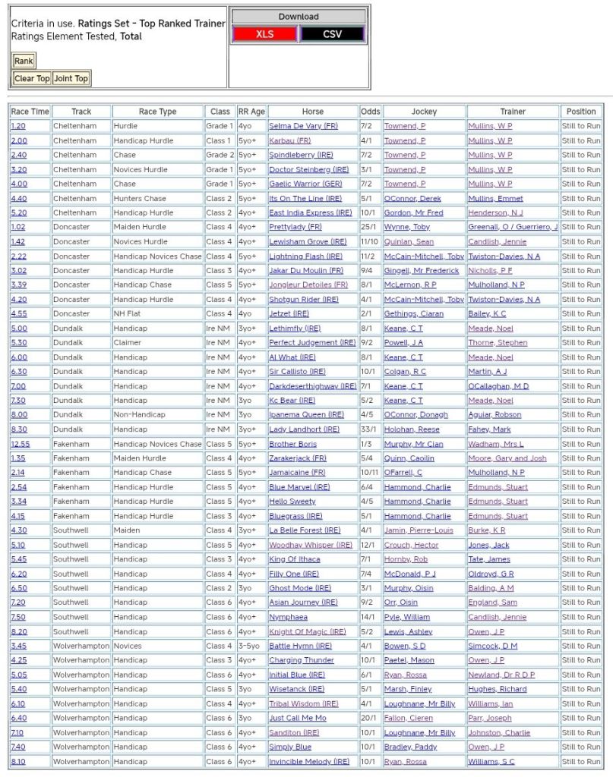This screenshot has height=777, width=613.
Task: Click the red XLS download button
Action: [264, 34]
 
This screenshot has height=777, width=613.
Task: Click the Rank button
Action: [24, 61]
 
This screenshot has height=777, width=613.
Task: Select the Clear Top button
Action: [32, 78]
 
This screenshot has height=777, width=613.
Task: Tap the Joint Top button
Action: [71, 78]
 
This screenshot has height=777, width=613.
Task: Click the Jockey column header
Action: [424, 112]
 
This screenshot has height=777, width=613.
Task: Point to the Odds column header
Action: [371, 112]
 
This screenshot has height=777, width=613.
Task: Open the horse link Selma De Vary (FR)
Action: [303, 126]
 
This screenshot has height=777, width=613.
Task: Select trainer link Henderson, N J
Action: [495, 212]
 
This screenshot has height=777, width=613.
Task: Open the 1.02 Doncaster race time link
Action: [18, 227]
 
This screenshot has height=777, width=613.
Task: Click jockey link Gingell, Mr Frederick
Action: [421, 270]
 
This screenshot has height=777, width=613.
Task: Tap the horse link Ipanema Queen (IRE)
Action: [306, 415]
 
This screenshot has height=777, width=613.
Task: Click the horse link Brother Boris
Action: [292, 444]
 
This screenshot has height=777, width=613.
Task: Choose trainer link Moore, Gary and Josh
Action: [507, 458]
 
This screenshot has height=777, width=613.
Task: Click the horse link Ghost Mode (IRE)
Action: [300, 588]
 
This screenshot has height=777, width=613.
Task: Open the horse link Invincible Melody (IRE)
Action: [309, 761]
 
